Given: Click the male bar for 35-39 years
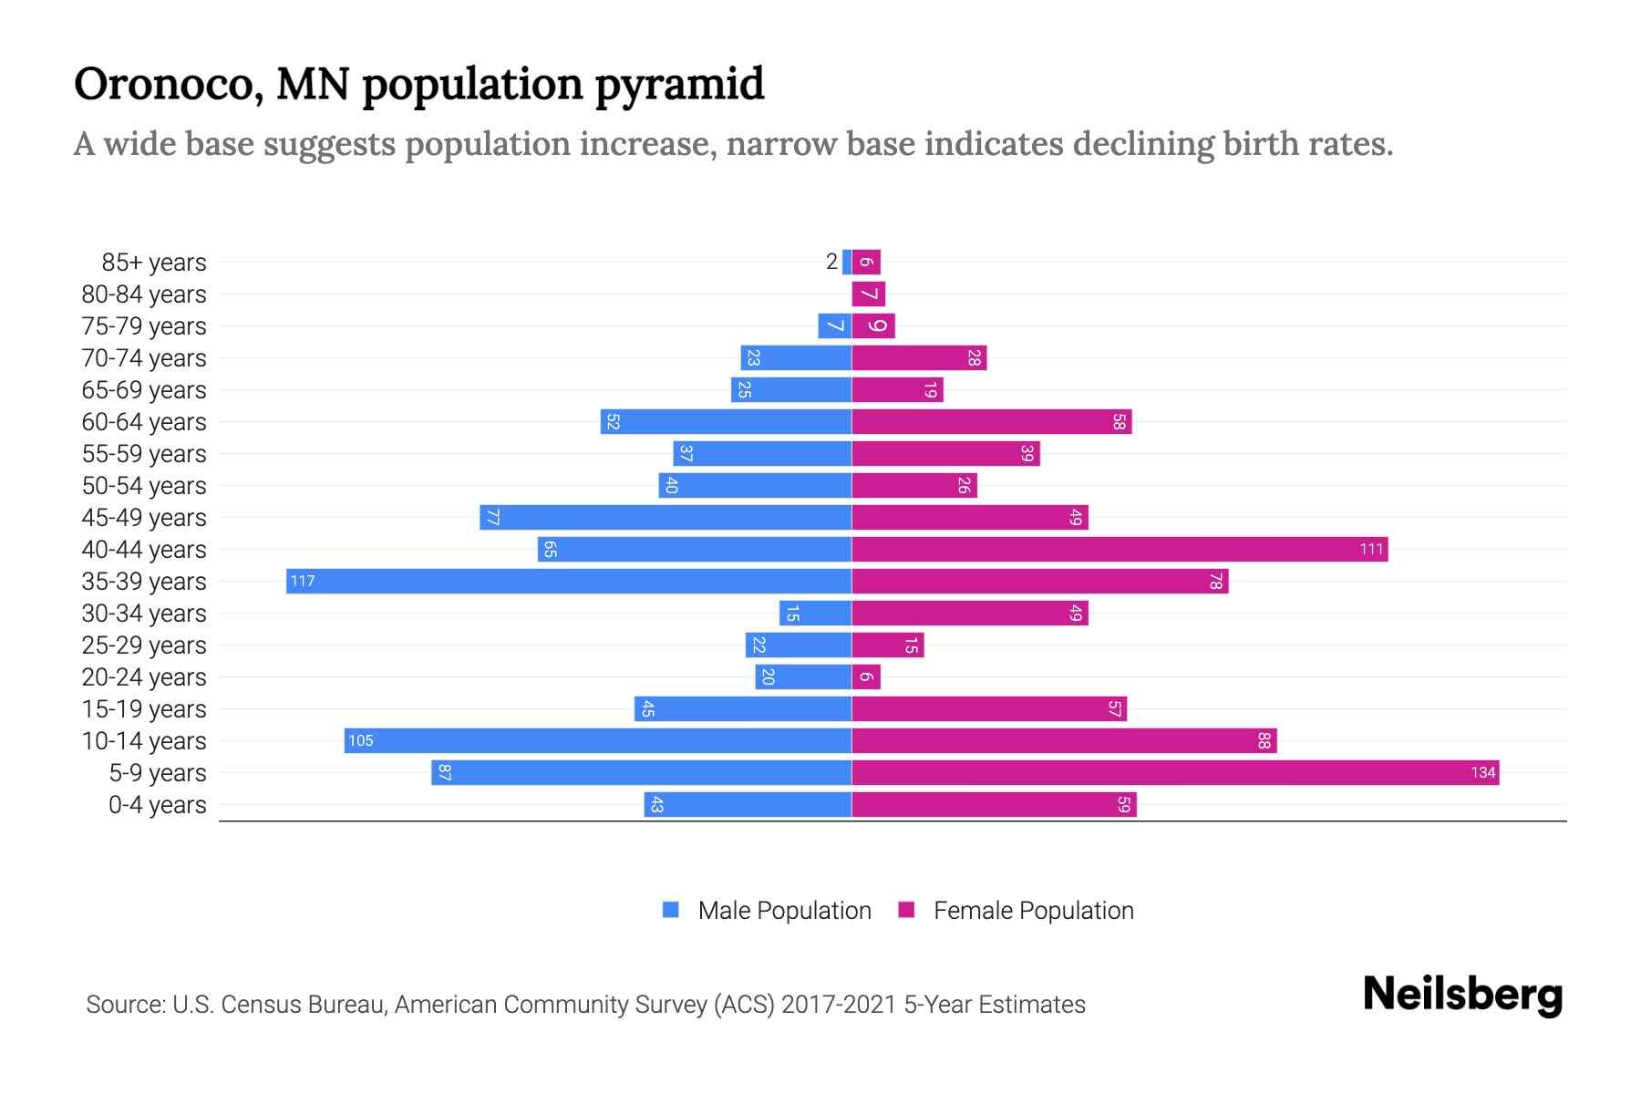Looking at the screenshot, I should click(568, 581).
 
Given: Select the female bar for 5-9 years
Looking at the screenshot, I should click(1174, 772).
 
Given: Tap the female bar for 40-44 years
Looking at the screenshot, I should click(1119, 549).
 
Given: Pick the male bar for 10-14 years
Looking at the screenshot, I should click(597, 740).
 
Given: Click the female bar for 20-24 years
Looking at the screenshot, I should click(866, 676).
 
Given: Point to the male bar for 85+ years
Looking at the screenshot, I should click(847, 262).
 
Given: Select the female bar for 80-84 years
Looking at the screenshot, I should click(868, 294).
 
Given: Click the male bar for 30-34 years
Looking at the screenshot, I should click(815, 613).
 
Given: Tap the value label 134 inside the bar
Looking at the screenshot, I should click(1482, 772).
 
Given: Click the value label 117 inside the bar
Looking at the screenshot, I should click(303, 581).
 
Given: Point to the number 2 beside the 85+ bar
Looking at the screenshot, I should click(831, 262).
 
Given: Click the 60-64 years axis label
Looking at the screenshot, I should click(144, 422).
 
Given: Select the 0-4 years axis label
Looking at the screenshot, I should click(157, 805).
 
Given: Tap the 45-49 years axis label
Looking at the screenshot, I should click(144, 518).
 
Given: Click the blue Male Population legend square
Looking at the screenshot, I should click(671, 910).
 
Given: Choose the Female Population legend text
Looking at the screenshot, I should click(1033, 910).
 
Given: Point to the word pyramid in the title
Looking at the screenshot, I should click(679, 84).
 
